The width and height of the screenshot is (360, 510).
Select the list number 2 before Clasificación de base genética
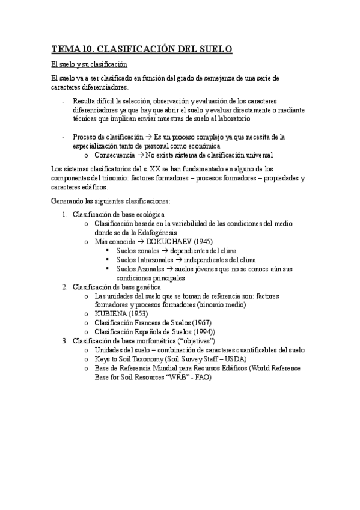pyautogui.click(x=64, y=287)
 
